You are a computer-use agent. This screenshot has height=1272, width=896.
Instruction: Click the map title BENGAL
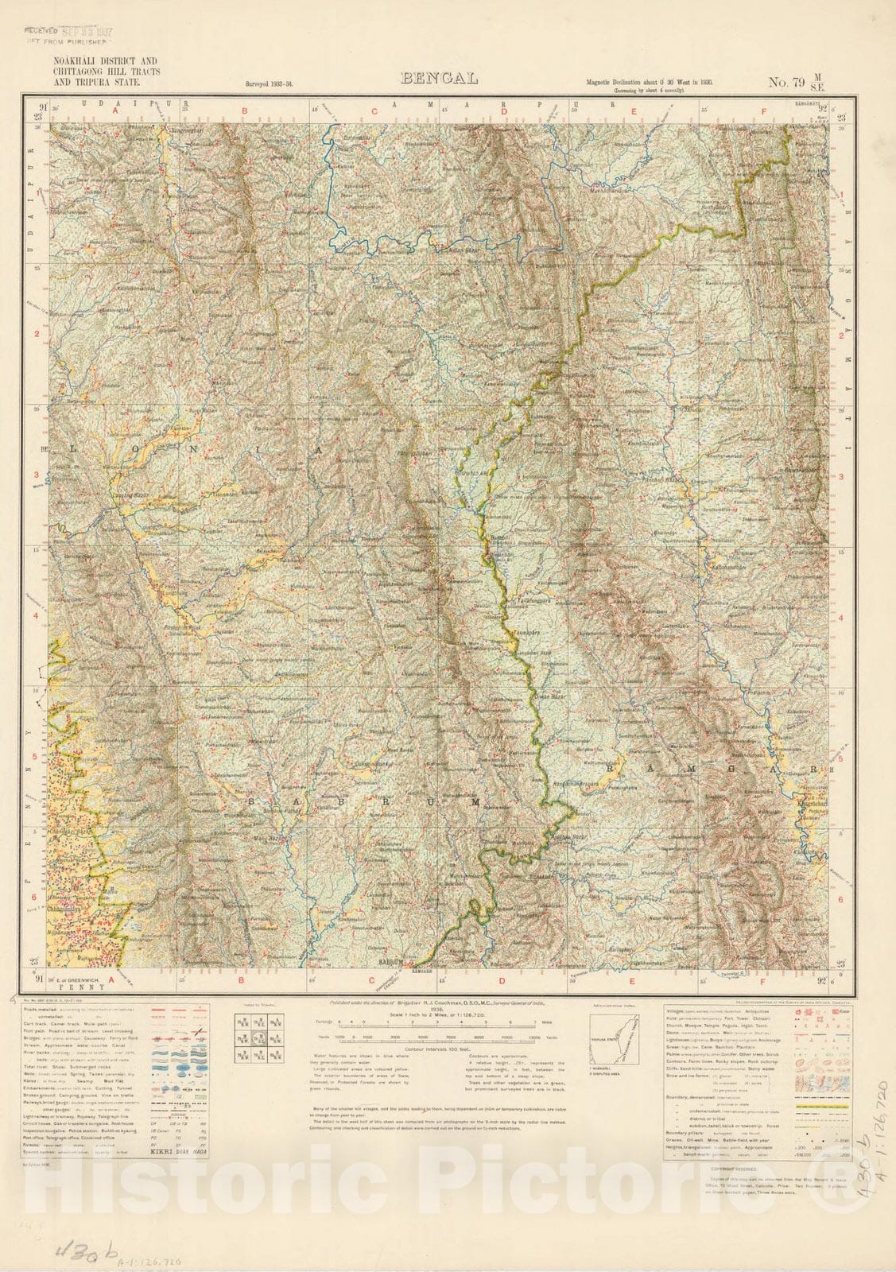(440, 78)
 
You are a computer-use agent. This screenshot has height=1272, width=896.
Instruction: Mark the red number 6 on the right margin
(840, 898)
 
